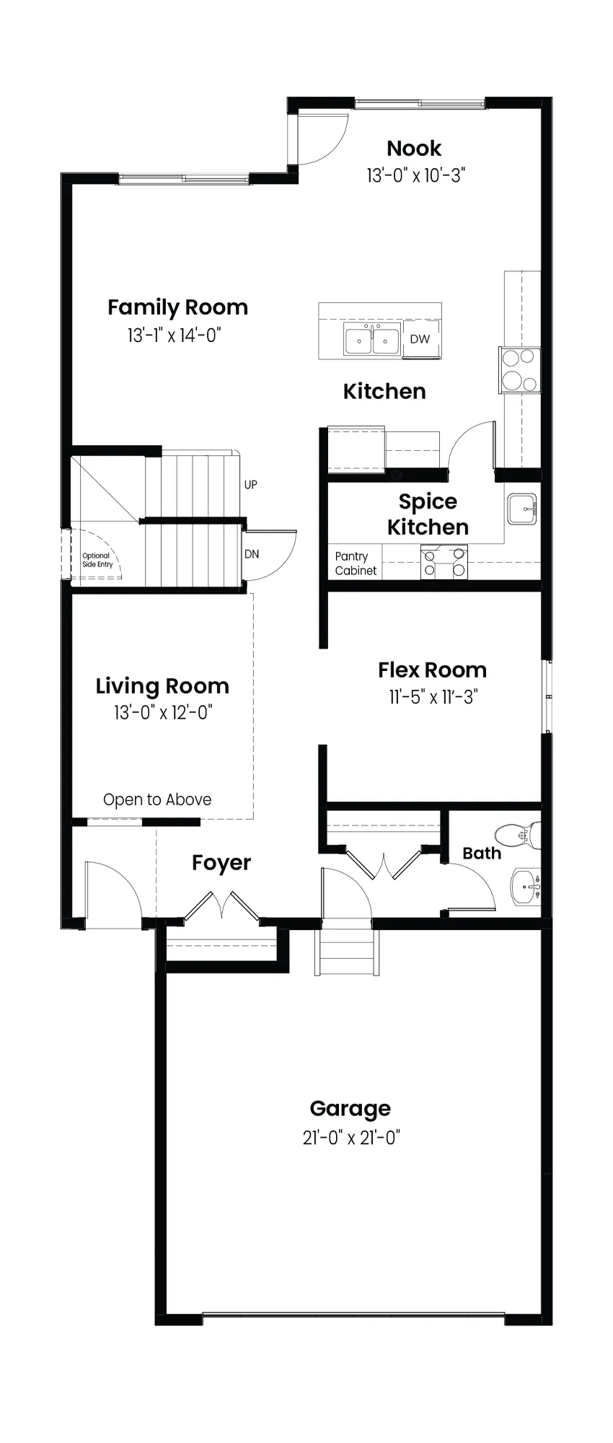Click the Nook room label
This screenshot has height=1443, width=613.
[x=414, y=149]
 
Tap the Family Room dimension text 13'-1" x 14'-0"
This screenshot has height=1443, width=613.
[x=174, y=335]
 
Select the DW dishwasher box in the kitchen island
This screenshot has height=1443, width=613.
[x=420, y=339]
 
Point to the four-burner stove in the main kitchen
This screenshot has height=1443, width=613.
[x=519, y=369]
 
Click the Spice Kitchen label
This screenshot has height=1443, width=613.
[x=428, y=514]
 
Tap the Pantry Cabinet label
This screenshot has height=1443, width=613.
[x=356, y=563]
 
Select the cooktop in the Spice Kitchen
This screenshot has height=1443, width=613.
[x=445, y=563]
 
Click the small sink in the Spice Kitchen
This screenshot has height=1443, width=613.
[x=522, y=509]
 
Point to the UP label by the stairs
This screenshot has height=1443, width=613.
[x=250, y=485]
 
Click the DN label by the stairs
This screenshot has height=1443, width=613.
[x=252, y=554]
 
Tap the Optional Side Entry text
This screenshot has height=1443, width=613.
[x=97, y=560]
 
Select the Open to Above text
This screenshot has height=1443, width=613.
[x=157, y=799]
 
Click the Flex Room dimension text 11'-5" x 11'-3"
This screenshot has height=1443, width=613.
[x=433, y=697]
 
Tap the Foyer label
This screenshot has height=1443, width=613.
[x=221, y=863]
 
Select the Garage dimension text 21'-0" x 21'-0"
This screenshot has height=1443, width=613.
[x=351, y=1138]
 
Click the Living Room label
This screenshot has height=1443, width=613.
[x=162, y=685]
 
